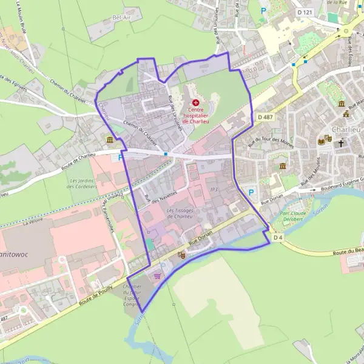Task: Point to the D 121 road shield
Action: pos(304,12)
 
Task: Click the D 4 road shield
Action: pos(278,237)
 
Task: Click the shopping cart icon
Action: pos(158,276)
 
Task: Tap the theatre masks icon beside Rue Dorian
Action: pos(180,257)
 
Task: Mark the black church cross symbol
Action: pos(341,144)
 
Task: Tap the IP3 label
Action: pos(213,190)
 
